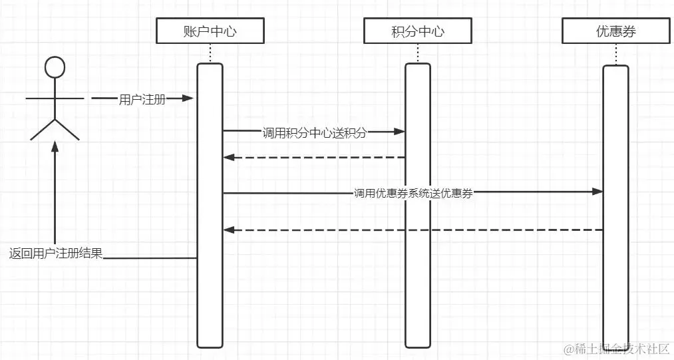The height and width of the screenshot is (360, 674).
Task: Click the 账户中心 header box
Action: point(210,31)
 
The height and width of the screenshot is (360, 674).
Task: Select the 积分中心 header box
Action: point(418,31)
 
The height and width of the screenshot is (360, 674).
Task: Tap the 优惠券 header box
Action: point(615,31)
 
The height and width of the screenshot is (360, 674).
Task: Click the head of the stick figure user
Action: point(55,68)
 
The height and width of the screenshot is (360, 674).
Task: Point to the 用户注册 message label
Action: point(142,100)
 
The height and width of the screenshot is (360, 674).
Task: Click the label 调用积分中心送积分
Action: point(314,132)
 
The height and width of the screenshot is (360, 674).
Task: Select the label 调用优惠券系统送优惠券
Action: point(413,194)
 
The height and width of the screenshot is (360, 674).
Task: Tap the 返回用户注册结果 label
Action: point(56,254)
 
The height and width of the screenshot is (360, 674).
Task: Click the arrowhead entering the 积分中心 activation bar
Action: point(400,132)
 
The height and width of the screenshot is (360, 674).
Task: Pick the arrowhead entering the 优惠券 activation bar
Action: point(597,192)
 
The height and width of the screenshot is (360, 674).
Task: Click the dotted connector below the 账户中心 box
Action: point(210,53)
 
